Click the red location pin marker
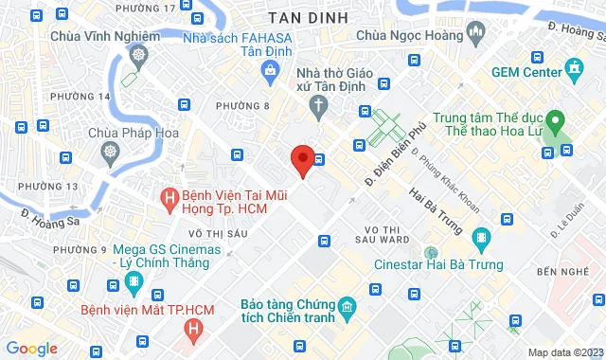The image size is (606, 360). pos(302,160)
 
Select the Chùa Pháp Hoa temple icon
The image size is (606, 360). pos(112,152)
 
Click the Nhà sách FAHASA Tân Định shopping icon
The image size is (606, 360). pos(271,69)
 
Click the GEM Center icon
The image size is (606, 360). pos(574,68)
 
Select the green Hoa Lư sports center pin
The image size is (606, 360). pos(557,122)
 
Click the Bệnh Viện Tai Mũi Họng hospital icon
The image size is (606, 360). pos(169,198)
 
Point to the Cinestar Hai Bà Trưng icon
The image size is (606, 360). pos(482,237)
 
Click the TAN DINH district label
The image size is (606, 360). pos(307,18)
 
